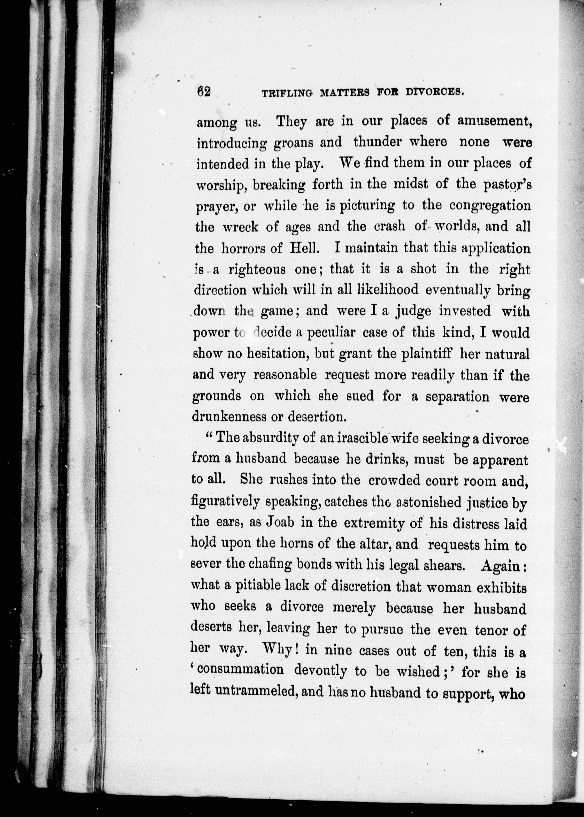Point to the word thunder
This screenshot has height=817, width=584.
coord(382,142)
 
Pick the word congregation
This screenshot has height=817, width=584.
coord(490,206)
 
